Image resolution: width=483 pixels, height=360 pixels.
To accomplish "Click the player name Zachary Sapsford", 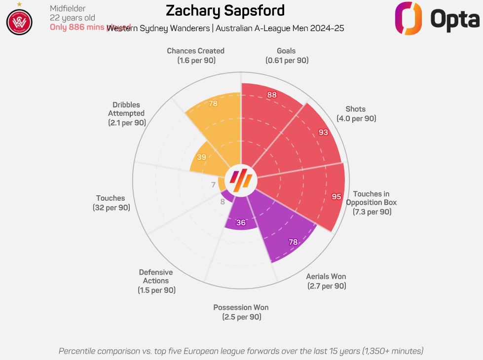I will coord(225,11).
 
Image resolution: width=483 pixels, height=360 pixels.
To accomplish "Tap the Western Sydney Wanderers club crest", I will coord(19,22).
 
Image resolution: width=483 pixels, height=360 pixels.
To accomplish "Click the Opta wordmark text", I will coord(454,19).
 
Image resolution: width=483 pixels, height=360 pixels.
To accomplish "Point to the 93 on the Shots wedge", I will coord(323,132).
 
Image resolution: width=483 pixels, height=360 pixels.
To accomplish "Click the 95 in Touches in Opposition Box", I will coord(336,196).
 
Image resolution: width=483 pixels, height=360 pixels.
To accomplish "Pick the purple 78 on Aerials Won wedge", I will coord(293,242).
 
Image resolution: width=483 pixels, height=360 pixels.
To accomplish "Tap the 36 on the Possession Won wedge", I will coord(241,222).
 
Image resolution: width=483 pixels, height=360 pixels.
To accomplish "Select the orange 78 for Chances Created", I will coord(213,104).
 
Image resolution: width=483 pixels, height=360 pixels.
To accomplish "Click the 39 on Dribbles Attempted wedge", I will coord(201,157).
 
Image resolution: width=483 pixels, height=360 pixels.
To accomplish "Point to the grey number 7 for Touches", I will coord(213,185).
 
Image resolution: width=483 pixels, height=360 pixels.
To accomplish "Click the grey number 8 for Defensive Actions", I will coord(223,201).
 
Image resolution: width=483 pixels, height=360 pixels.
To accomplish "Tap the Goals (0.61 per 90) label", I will coord(287,55).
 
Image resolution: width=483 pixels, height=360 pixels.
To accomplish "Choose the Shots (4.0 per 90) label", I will coord(356,114).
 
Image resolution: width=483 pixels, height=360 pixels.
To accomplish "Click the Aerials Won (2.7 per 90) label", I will coord(326,281).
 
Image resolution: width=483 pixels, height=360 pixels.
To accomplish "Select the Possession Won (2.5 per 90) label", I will coord(241,312).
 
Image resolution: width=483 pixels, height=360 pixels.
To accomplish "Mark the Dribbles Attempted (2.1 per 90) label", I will coord(127,113).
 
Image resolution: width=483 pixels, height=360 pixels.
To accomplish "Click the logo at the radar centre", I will coord(241,180).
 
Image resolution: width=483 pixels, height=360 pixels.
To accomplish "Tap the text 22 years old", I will coord(73,18).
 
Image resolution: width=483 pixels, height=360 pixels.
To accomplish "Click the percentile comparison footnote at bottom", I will coord(241,351).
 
